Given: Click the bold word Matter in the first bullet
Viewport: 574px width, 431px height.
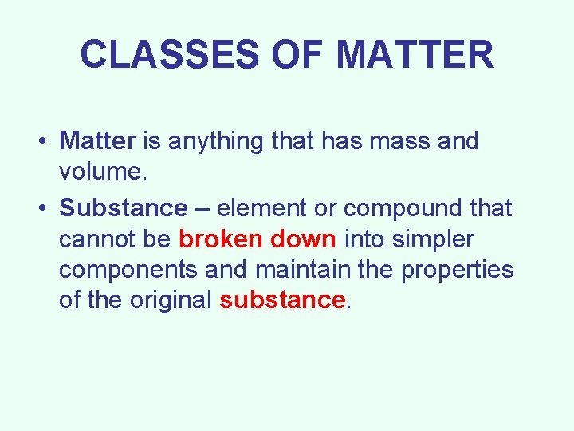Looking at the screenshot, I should coord(98,141).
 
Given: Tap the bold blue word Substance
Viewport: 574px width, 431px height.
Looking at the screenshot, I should coord(123,208).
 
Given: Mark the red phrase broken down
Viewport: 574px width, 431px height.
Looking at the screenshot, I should coord(258,239).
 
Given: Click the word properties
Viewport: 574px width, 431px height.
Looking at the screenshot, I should coord(458,271).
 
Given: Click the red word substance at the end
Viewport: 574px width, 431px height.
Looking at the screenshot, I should coord(282,301).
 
